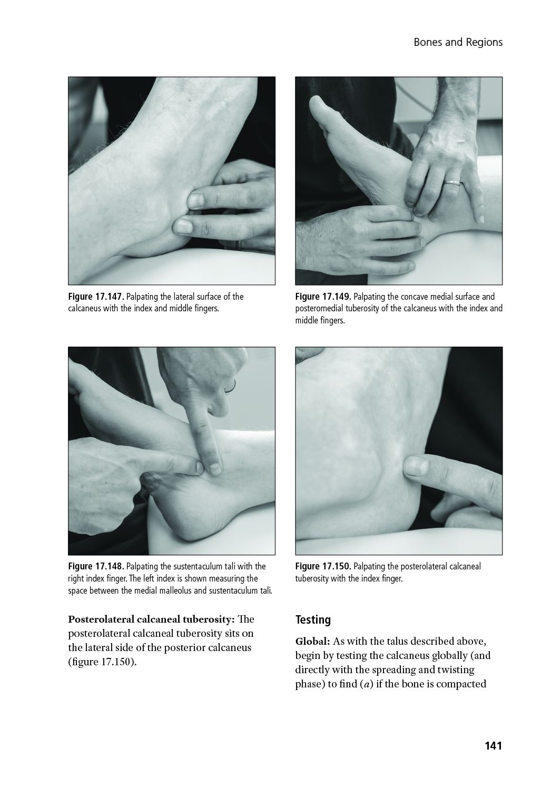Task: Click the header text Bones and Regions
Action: pos(458,42)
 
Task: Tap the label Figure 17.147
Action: pos(96,297)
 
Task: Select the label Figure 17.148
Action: pos(96,566)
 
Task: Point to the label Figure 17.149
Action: pos(323,297)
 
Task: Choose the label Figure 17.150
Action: pos(323,566)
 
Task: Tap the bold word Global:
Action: pos(312,642)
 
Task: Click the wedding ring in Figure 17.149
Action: pos(452,183)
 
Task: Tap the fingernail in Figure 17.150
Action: pos(417,467)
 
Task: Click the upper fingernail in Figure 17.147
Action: pos(195,200)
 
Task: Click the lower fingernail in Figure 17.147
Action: pos(183,226)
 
